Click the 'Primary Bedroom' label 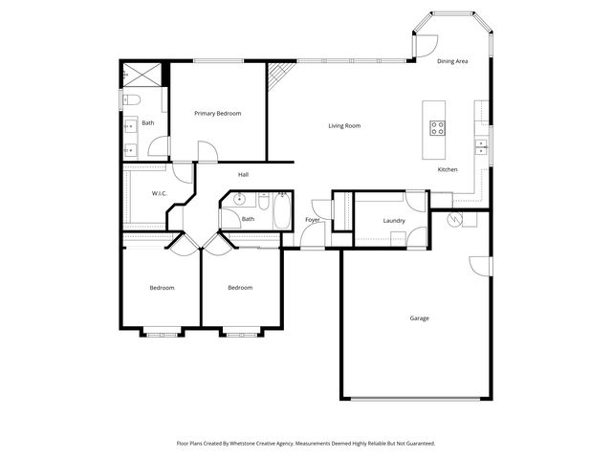(218, 114)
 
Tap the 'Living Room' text (344, 125)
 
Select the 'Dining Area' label (452, 61)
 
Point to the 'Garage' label (419, 317)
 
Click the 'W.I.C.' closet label (160, 193)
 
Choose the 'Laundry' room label (394, 221)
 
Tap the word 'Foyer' (313, 220)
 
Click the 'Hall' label (244, 174)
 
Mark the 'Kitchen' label (448, 169)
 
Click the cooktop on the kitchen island (438, 127)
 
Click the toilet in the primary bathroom (132, 99)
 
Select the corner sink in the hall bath (238, 201)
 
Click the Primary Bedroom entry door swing (208, 151)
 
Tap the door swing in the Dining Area (426, 45)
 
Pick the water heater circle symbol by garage (457, 220)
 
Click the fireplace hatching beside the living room (277, 75)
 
